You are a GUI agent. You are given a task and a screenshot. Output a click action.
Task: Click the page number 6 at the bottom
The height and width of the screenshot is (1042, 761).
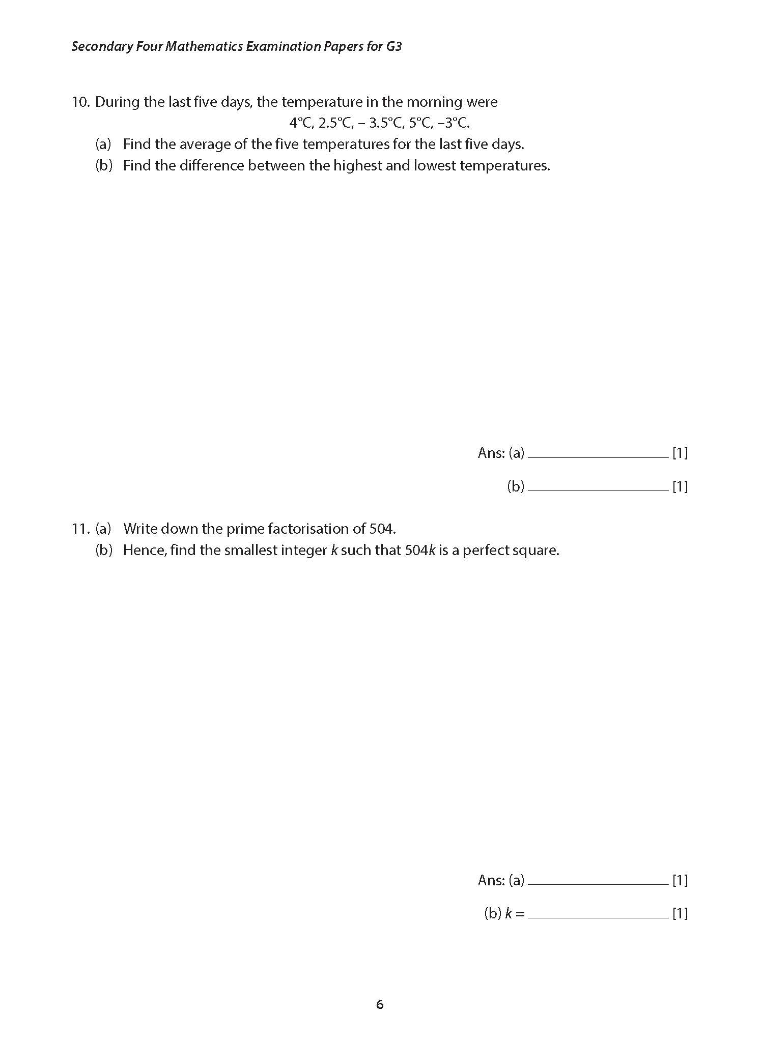point(380,1004)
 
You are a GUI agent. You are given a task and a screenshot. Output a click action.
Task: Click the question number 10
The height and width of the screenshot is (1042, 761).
point(80,102)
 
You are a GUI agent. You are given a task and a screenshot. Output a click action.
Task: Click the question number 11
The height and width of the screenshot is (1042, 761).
point(80,529)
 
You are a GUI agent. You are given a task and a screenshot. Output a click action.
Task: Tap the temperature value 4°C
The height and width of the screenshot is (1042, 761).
point(300,123)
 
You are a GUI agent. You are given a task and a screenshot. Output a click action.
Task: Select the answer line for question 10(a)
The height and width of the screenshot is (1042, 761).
point(598,456)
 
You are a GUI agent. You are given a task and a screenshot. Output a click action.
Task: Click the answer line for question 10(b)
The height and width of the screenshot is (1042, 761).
point(598,489)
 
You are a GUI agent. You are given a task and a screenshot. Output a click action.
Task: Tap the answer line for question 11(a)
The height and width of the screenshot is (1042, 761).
point(598,884)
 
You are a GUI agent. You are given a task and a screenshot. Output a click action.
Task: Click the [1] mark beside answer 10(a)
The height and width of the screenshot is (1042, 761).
point(680,453)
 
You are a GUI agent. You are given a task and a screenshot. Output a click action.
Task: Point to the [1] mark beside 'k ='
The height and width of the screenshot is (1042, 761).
point(680,914)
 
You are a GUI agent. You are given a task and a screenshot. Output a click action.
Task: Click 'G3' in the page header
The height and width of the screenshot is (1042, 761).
point(393,47)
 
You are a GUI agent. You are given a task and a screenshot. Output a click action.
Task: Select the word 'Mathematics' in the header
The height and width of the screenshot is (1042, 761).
point(204,47)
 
